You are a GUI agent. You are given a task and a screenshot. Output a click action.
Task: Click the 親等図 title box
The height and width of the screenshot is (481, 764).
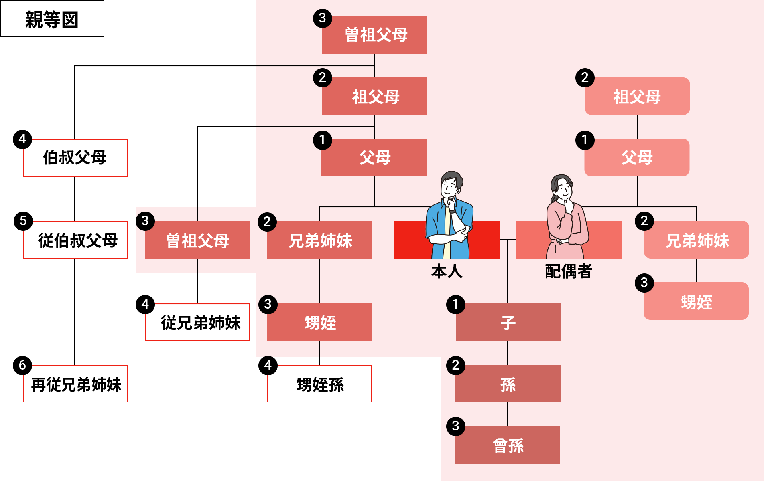coord(52,19)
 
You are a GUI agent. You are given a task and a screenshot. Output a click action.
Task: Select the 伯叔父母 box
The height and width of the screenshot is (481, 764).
coord(75,158)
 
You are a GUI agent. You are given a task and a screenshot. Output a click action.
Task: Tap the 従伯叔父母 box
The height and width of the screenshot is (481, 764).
coord(75,240)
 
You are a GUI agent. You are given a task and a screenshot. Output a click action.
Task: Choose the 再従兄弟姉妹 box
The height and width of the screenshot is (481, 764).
coord(75,384)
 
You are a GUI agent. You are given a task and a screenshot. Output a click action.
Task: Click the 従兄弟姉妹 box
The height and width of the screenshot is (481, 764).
coord(197,322)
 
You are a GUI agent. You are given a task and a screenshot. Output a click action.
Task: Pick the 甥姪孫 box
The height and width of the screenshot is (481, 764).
coord(319,384)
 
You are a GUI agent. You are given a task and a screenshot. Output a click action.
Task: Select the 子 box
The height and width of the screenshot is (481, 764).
coord(508,322)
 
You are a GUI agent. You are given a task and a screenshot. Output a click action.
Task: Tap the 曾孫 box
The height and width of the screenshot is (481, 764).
coord(508,445)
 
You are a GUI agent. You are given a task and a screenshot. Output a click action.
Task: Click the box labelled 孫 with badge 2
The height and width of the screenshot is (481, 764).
coord(508,384)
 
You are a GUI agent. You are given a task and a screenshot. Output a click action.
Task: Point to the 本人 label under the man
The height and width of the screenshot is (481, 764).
coord(447,271)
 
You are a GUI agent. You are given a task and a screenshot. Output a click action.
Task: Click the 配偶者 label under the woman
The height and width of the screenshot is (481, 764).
coord(569,271)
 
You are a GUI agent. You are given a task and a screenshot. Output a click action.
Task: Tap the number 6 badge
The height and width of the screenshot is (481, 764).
coord(22,365)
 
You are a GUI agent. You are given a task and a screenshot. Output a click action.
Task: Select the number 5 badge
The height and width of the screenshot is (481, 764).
coord(23,221)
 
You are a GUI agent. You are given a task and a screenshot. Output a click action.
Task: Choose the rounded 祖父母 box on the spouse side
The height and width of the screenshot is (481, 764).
coord(637,96)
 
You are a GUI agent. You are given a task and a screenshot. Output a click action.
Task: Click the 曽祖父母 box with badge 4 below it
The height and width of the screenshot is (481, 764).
coord(197,240)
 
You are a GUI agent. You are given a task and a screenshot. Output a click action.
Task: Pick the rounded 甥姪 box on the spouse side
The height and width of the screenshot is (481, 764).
coord(696,301)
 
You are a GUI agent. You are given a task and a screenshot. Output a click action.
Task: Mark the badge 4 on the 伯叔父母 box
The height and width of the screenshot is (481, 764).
coord(22,139)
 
